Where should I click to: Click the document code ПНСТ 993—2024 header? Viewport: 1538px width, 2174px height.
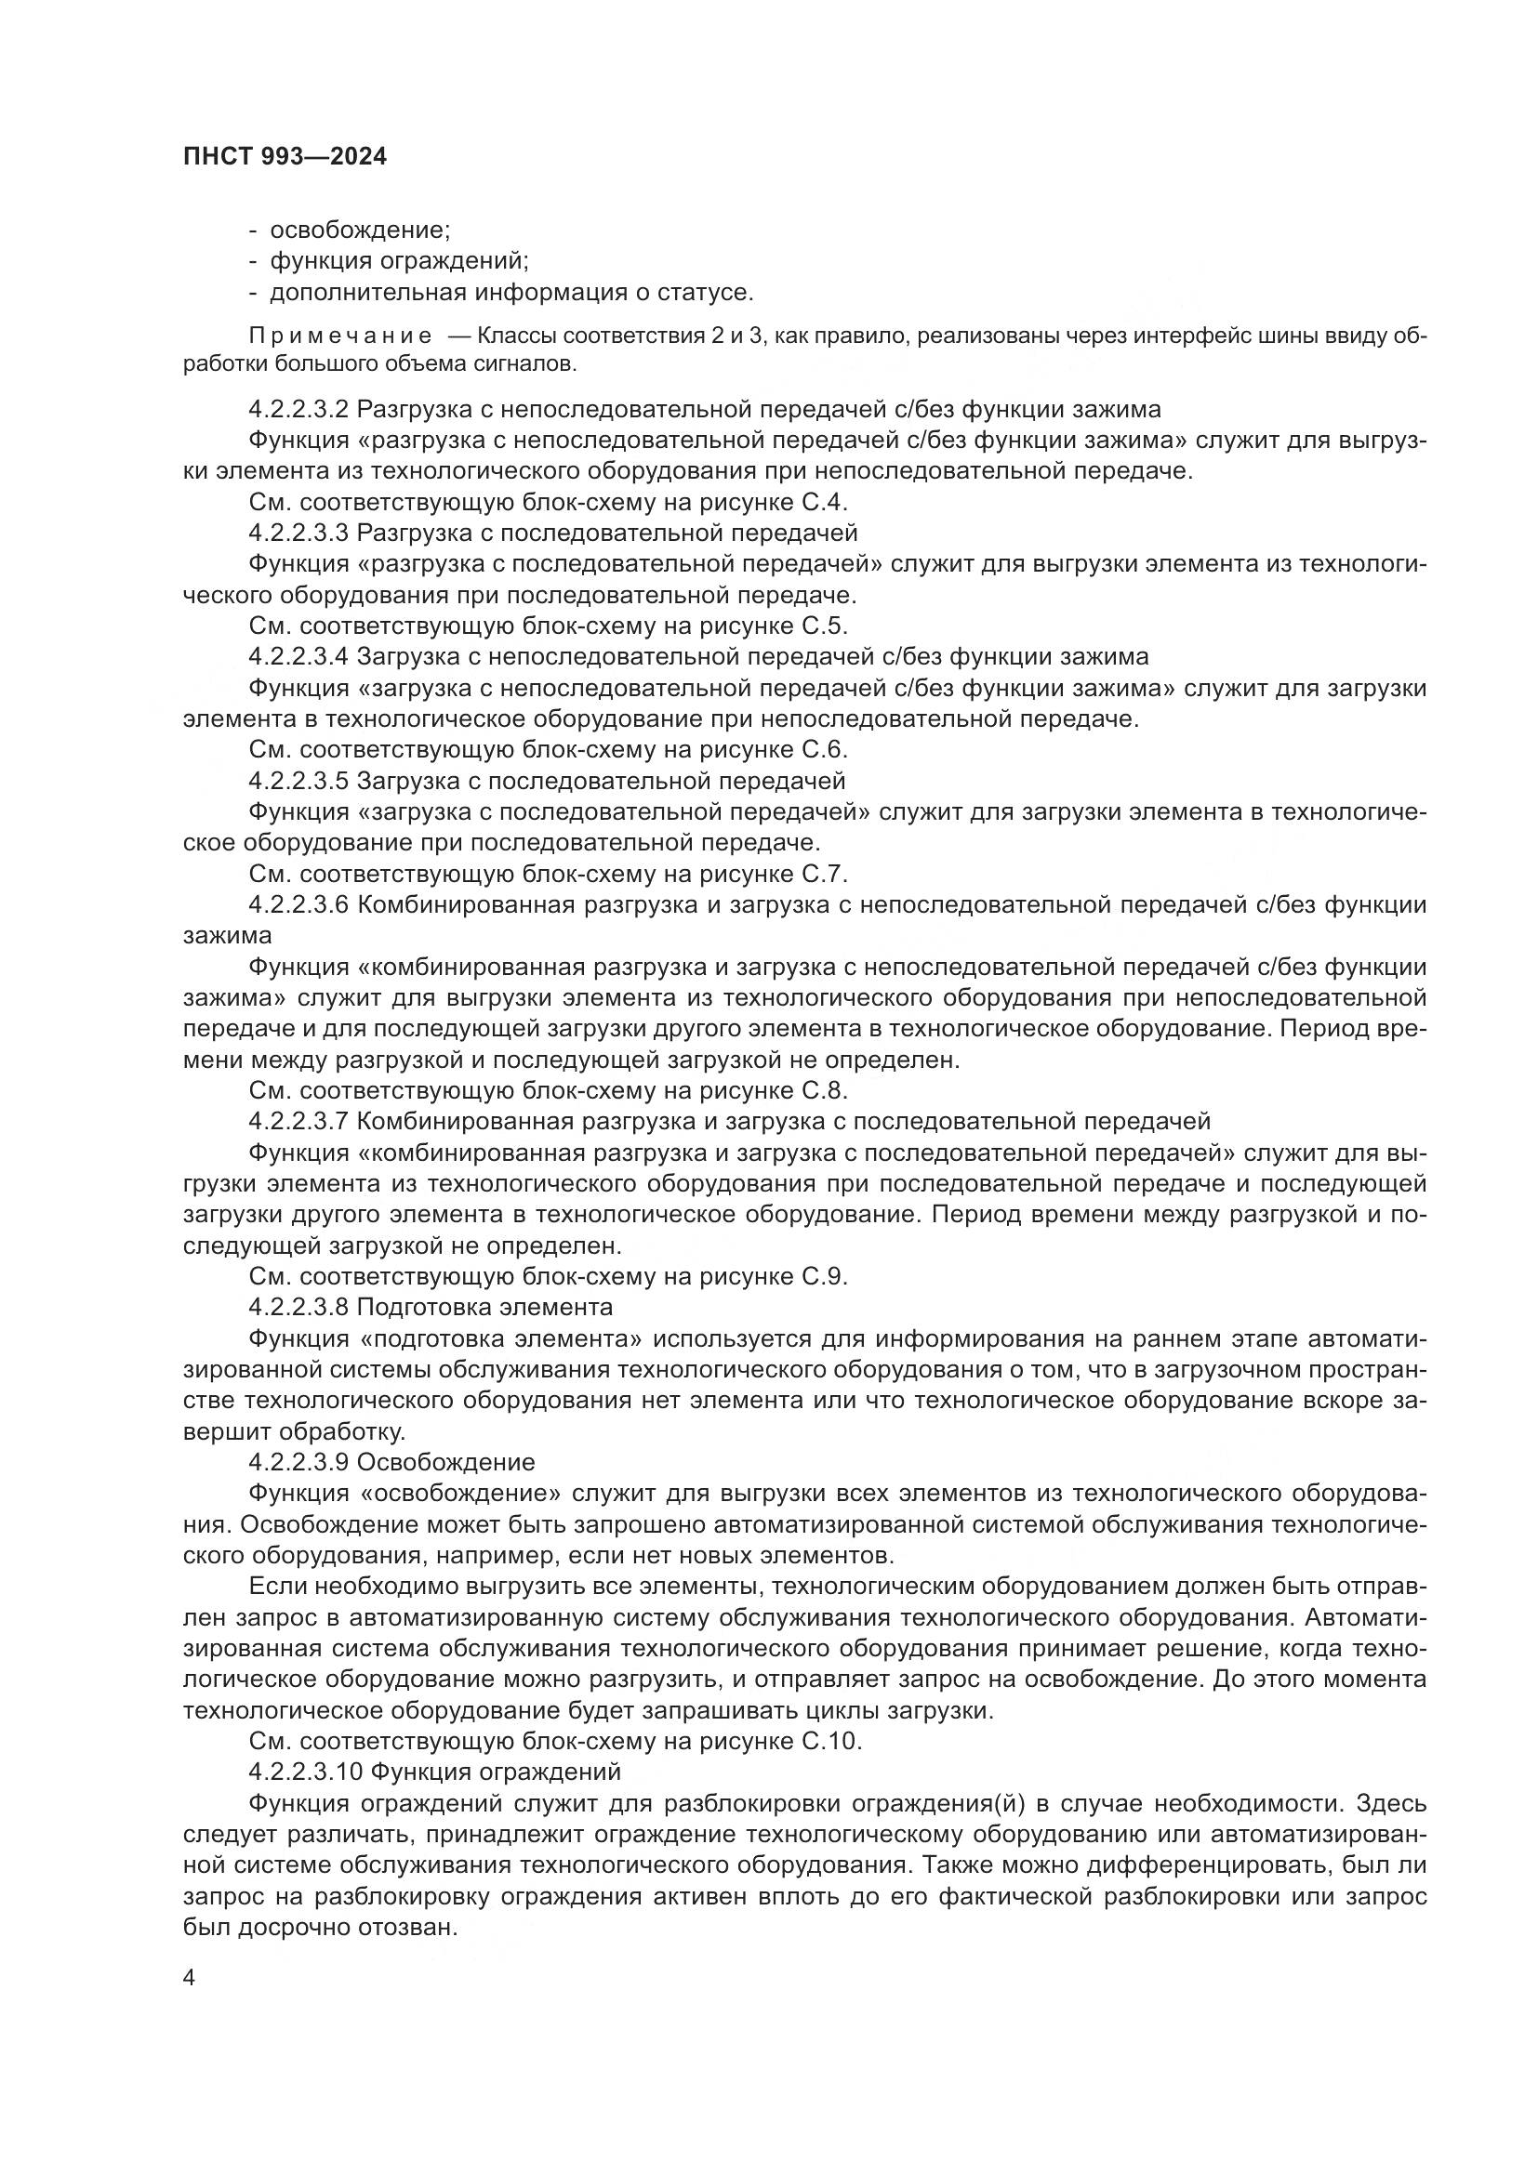pyautogui.click(x=285, y=157)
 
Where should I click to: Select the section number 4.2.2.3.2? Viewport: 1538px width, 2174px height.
pyautogui.click(x=299, y=410)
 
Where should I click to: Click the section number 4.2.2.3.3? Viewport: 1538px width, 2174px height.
pyautogui.click(x=299, y=534)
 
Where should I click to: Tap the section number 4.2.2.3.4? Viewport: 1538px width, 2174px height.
pyautogui.click(x=299, y=657)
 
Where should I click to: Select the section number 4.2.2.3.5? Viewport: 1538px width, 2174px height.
pyautogui.click(x=299, y=781)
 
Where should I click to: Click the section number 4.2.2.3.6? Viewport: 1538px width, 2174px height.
pyautogui.click(x=299, y=905)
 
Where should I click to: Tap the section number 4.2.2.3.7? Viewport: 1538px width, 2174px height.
pyautogui.click(x=299, y=1122)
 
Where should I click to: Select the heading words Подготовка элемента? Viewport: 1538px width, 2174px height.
pyautogui.click(x=484, y=1308)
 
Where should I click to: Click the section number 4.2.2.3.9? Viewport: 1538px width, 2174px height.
pyautogui.click(x=299, y=1463)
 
